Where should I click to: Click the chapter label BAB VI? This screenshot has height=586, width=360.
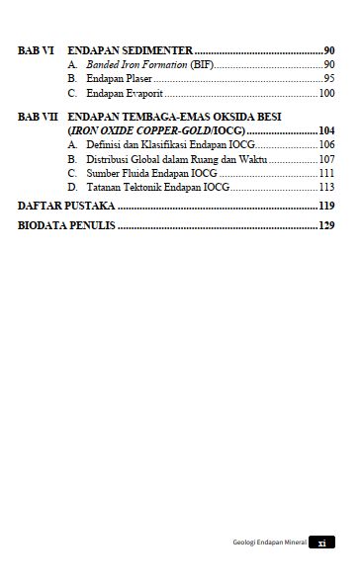(x=36, y=49)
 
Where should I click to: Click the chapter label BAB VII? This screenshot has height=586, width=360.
(x=39, y=116)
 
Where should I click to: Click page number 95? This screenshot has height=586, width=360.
(x=329, y=78)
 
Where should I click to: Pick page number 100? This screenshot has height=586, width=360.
(x=326, y=93)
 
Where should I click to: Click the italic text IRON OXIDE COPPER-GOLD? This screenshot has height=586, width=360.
(x=144, y=129)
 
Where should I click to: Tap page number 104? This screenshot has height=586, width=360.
(x=326, y=129)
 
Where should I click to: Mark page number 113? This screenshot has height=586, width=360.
(x=326, y=186)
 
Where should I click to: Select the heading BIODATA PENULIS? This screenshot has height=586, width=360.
(x=66, y=225)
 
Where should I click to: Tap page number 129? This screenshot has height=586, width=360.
(x=326, y=225)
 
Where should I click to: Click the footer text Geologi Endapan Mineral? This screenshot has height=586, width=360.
(x=262, y=543)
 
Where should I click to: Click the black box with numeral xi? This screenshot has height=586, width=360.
(x=321, y=543)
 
